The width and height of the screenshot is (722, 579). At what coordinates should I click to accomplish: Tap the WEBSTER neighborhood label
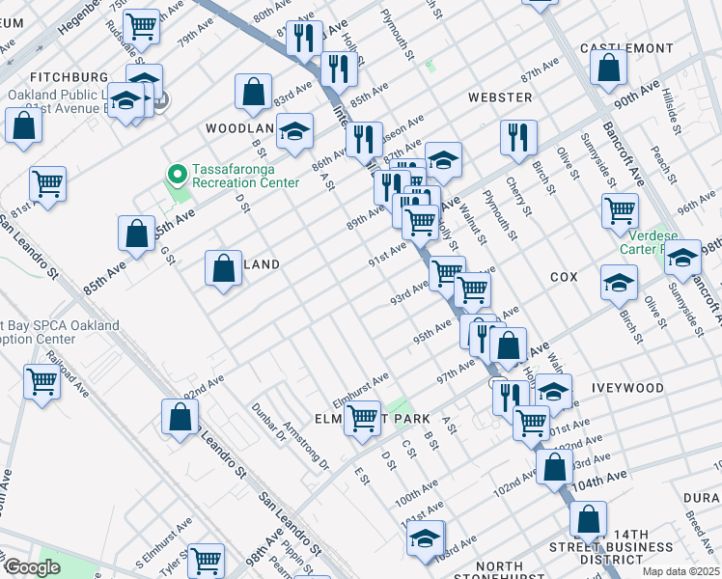click(500, 97)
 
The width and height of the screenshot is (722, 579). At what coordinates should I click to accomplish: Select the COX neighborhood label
click(564, 277)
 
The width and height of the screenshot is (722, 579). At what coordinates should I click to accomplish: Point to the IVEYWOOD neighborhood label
click(628, 388)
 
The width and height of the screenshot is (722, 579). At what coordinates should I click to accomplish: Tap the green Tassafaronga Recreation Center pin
click(177, 175)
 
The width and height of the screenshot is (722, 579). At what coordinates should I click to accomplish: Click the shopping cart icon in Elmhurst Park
click(363, 418)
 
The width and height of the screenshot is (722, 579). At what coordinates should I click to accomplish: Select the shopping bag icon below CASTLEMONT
click(608, 68)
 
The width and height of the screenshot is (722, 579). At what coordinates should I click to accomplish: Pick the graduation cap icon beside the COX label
click(619, 282)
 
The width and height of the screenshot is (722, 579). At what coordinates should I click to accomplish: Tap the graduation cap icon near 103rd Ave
click(425, 539)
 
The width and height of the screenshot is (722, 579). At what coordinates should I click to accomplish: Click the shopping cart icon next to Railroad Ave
click(42, 382)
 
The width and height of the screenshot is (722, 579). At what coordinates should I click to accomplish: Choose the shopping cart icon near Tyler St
click(206, 559)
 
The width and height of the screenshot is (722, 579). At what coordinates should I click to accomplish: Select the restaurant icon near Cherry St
click(518, 136)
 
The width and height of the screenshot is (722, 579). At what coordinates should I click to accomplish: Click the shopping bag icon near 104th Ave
click(555, 466)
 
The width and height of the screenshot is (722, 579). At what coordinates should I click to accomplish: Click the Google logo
click(33, 567)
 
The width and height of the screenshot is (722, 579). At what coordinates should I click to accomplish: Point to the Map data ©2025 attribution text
click(680, 571)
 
